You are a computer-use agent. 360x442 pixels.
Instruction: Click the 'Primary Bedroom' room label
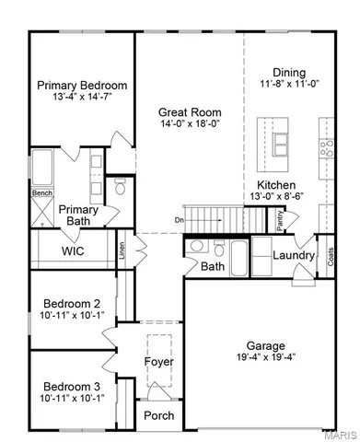click(x=82, y=86)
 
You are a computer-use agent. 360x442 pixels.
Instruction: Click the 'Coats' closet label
click(x=331, y=257)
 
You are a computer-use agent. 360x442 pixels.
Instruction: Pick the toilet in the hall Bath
click(x=218, y=248)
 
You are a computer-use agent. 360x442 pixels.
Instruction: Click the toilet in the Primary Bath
click(x=119, y=188)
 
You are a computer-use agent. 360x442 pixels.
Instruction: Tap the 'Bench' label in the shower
click(x=42, y=193)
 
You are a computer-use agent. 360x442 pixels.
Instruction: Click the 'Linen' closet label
click(x=122, y=251)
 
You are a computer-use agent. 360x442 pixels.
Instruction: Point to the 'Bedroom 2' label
click(x=73, y=304)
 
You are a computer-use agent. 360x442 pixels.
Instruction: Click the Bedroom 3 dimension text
click(x=73, y=398)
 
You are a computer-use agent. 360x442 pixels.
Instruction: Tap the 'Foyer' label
click(x=159, y=361)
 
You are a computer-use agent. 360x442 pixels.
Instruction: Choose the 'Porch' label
click(x=159, y=416)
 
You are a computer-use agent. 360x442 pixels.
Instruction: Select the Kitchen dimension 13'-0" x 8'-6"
click(x=270, y=196)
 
